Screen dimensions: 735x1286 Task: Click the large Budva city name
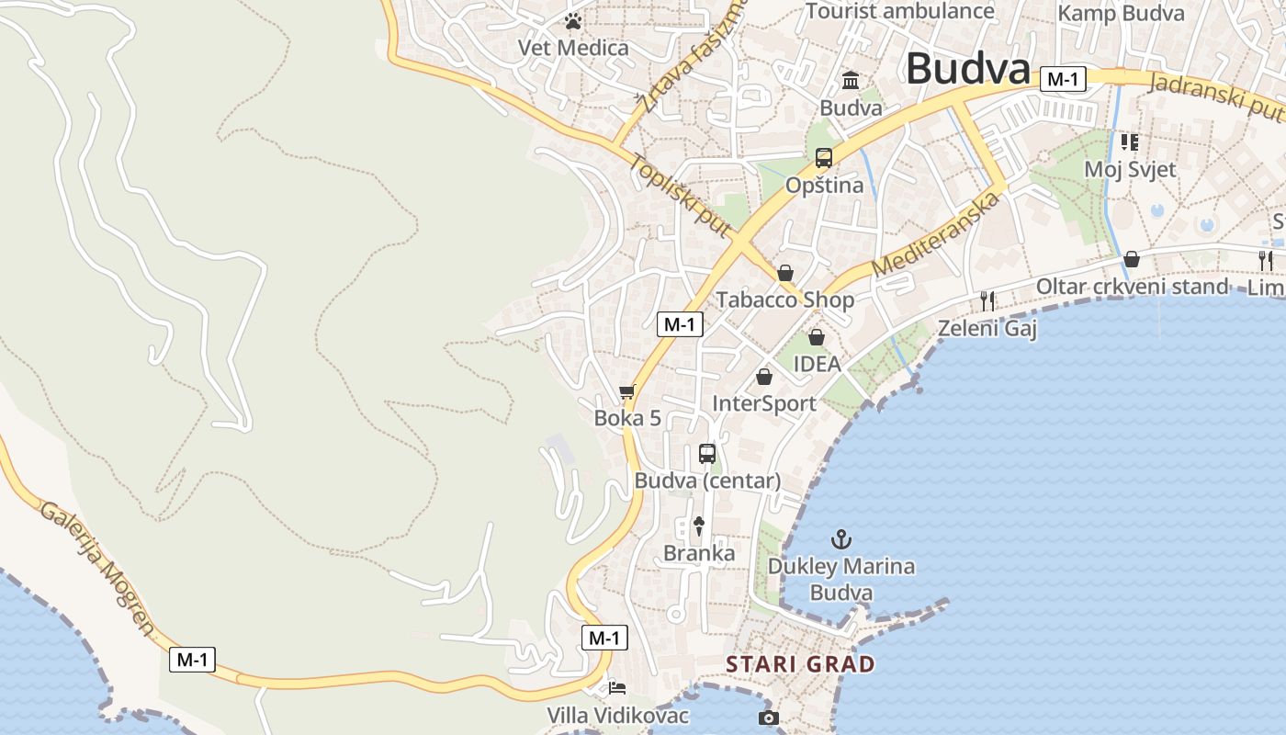(x=967, y=69)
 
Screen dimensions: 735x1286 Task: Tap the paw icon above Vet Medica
(x=574, y=20)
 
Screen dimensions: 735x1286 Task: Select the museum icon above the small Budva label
(x=851, y=81)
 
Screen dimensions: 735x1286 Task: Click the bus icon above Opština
(x=824, y=158)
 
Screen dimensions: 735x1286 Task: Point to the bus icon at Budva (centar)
(x=706, y=453)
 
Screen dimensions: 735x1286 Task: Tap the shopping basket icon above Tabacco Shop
(x=785, y=273)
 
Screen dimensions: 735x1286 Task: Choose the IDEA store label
(x=817, y=364)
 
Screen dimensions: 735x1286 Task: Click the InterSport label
(x=764, y=403)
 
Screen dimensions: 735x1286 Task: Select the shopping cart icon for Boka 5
(x=627, y=392)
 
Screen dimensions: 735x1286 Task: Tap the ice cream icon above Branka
(x=699, y=526)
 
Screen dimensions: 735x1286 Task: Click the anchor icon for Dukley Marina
(x=841, y=539)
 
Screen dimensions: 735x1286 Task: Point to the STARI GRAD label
(x=800, y=664)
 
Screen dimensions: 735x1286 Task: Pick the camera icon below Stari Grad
(x=769, y=718)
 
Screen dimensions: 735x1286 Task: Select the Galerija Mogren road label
(x=97, y=570)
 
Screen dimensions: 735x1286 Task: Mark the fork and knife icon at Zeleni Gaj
(x=987, y=300)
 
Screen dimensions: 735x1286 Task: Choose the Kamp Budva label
(x=1121, y=14)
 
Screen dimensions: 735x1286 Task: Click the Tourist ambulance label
(x=900, y=11)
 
